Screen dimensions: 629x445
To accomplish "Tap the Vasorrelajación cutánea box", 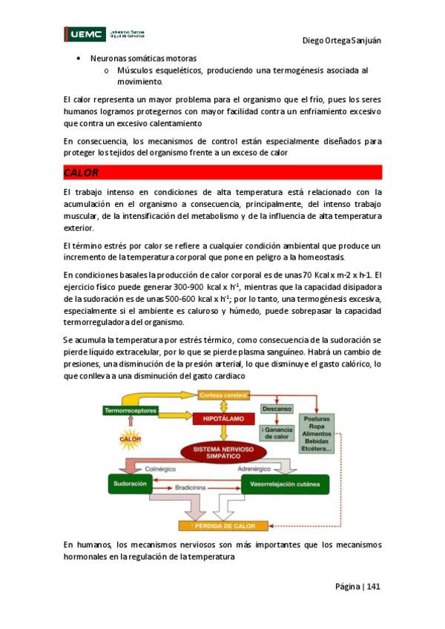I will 284,485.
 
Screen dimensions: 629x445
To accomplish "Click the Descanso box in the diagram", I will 276,409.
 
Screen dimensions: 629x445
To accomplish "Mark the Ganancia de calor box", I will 275,432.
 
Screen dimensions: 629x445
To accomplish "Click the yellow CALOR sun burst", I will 130,439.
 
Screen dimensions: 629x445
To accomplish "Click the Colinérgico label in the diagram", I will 164,469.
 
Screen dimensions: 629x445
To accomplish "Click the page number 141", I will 373,587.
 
